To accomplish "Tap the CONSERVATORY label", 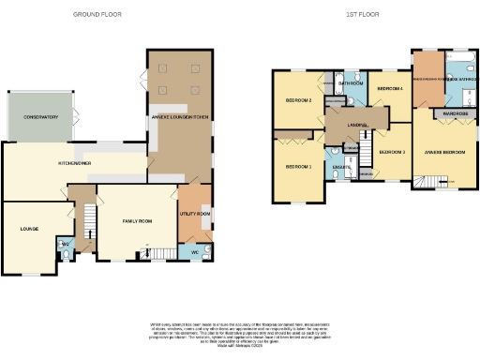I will tap(40, 117).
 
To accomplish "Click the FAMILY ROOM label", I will tap(137, 221).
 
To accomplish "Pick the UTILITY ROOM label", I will tap(195, 214).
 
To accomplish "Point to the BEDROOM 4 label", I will tap(389, 89).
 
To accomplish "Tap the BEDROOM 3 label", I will tap(391, 151).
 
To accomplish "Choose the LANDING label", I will tap(356, 124).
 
